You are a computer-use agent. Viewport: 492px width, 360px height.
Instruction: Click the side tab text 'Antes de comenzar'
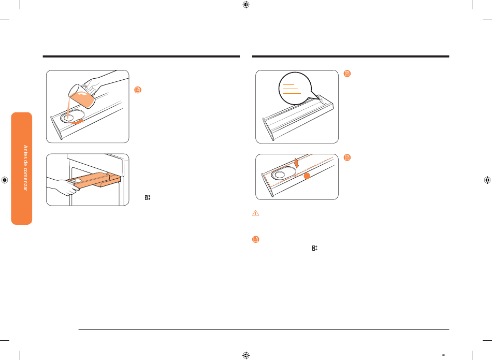(25, 168)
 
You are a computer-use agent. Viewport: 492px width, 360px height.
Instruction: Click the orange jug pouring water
(81, 96)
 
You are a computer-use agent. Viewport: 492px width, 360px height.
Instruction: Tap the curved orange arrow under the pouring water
(75, 121)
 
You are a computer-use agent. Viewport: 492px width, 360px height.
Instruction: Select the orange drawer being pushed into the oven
(94, 180)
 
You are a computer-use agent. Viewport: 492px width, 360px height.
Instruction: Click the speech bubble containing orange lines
(295, 89)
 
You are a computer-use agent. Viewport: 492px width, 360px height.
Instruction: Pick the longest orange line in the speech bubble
(292, 93)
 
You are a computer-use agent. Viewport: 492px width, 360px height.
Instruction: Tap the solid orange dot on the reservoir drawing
(307, 176)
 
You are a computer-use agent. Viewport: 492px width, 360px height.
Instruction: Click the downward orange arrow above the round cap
(297, 162)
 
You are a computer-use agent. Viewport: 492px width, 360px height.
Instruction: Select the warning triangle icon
(256, 213)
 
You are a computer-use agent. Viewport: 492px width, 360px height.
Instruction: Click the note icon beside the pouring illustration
(138, 90)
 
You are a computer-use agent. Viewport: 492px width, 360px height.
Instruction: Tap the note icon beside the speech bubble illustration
(347, 74)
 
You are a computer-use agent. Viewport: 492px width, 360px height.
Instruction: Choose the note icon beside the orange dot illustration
(347, 157)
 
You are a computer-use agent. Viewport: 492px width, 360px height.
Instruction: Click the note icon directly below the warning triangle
(256, 239)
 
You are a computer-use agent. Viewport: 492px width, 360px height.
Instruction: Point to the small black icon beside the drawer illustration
(148, 197)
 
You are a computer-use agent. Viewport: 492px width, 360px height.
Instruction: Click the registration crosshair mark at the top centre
(246, 5)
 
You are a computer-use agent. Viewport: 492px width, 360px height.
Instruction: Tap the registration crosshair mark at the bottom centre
(246, 355)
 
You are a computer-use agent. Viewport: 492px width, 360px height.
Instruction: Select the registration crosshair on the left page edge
(5, 180)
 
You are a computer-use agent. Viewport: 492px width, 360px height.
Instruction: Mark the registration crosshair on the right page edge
(487, 180)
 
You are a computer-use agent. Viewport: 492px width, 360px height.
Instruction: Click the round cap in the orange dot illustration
(279, 175)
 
